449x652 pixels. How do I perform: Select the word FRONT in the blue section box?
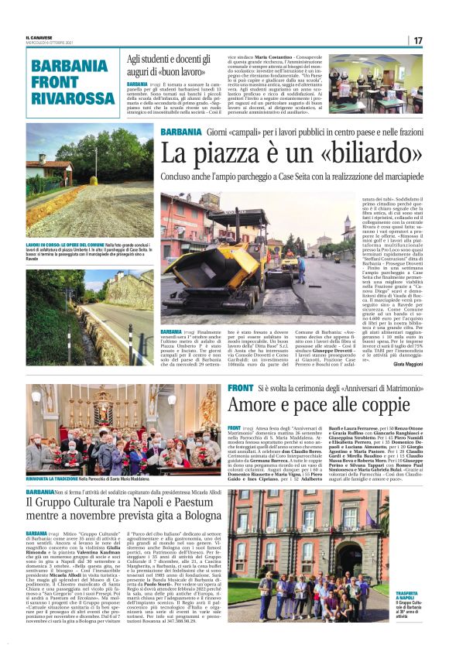click(55, 81)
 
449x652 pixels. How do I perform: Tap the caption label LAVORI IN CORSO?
click(49, 243)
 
